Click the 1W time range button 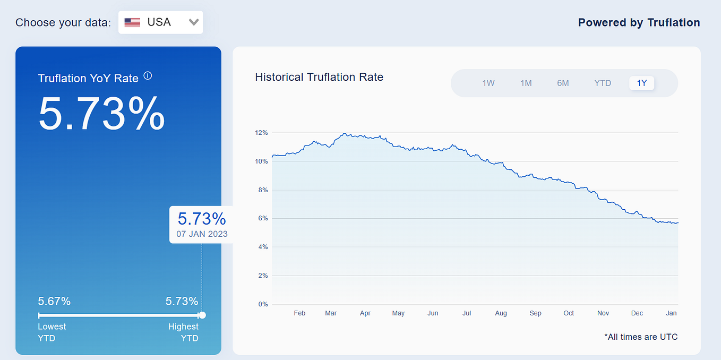pos(488,83)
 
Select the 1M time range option pos(526,83)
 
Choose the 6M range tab pos(563,83)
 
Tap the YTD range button pos(603,83)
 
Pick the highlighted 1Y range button pos(642,83)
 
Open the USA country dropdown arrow pos(194,22)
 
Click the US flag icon pos(132,22)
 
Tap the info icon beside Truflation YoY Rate pos(148,76)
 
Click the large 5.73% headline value pos(101,114)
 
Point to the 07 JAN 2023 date pos(202,234)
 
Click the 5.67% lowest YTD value pos(54,301)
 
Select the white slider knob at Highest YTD pos(202,315)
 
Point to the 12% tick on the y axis pos(262,132)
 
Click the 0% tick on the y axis pos(263,304)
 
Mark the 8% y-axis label pos(263,190)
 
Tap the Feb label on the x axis pos(299,313)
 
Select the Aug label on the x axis pos(501,313)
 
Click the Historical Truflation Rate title pos(319,77)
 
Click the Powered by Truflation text pos(639,22)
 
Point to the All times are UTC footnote pos(641,337)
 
